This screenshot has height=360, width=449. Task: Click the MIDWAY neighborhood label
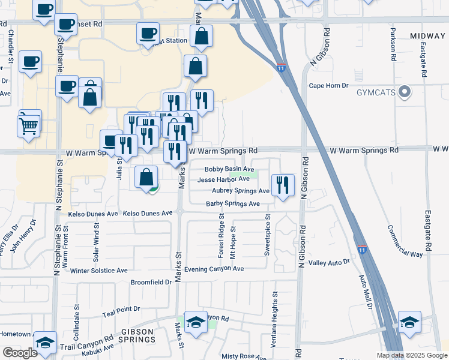pos(428,37)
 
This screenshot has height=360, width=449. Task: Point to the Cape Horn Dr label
pos(328,86)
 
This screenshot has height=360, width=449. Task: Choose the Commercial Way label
pos(402,241)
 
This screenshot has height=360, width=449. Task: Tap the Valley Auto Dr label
pos(329,263)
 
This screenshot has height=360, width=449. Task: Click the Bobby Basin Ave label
pos(229,170)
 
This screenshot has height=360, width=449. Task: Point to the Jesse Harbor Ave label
pos(223,179)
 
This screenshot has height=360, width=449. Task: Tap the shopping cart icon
pos(29,125)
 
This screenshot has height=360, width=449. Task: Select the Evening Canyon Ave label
pos(214,269)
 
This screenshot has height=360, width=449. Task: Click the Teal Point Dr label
pos(121,309)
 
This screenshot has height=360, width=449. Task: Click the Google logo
pos(20,353)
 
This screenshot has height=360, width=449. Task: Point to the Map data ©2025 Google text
pos(411,355)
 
